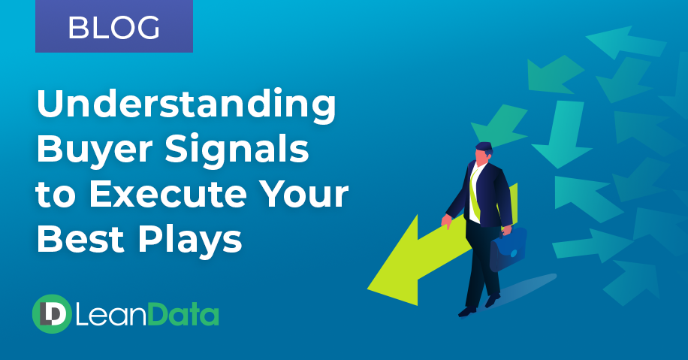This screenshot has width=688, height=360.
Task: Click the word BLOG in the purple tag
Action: pyautogui.click(x=113, y=28)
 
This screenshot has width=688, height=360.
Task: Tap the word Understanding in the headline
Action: pyautogui.click(x=186, y=106)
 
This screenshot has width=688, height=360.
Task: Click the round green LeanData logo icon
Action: pyautogui.click(x=51, y=313)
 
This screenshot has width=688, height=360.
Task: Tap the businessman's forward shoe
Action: pyautogui.click(x=467, y=310)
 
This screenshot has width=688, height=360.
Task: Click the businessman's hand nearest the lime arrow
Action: pyautogui.click(x=446, y=222)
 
